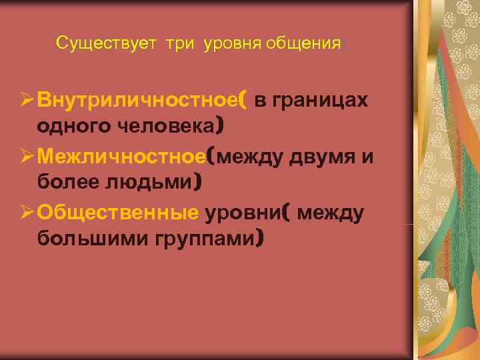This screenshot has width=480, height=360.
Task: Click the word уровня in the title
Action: click(x=233, y=44)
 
